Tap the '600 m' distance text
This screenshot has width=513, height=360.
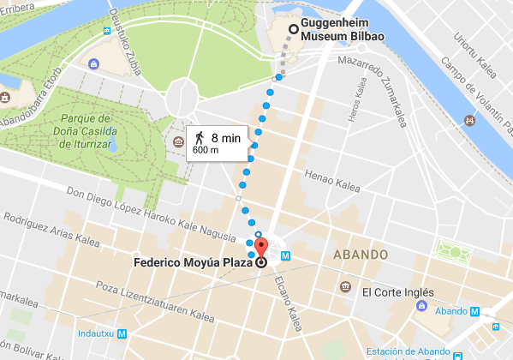tap(205, 151)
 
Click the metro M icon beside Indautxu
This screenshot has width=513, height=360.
tap(122, 334)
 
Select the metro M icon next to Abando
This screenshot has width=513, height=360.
tap(474, 312)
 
